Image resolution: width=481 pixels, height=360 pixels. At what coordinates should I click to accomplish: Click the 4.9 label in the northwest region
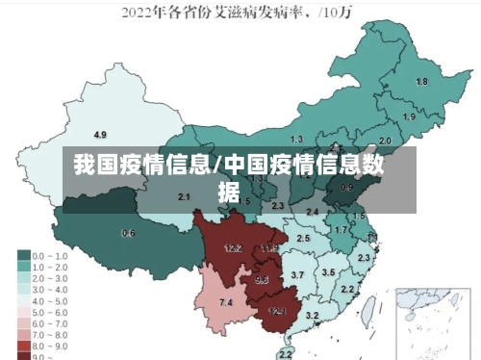[x=100, y=134]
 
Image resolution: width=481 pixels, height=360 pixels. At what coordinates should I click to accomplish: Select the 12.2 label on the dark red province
[x=233, y=247]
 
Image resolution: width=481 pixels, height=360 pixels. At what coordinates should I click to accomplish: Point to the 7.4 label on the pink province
[x=226, y=302]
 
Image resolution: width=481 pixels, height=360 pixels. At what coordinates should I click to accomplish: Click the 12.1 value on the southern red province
[x=277, y=311]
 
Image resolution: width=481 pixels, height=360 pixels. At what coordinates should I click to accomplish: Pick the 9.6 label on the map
[x=262, y=280]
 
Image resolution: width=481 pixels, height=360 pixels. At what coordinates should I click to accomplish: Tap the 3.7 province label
[x=297, y=275]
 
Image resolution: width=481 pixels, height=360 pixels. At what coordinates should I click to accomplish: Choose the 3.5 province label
[x=328, y=272]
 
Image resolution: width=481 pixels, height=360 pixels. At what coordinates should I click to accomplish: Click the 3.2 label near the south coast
[x=312, y=316]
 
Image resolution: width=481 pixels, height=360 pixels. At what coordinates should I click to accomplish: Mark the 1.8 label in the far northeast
[x=421, y=82]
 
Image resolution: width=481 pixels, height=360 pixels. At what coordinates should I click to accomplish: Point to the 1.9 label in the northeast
[x=409, y=116]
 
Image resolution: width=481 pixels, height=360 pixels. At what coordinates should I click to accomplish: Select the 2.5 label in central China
[x=303, y=238]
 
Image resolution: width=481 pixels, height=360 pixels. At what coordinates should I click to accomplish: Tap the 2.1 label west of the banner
[x=185, y=196]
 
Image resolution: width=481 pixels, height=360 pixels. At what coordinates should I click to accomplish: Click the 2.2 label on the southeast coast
[x=347, y=289]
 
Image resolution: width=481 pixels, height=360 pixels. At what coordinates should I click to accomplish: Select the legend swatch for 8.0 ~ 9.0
[x=24, y=344]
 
